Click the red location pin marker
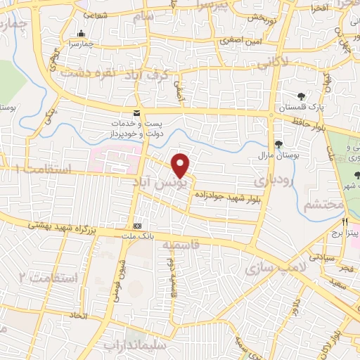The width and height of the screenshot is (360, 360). [181, 165]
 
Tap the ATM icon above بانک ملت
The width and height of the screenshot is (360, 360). [138, 226]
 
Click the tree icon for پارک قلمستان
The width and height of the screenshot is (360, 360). [301, 98]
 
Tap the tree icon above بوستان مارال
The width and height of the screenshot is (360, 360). [279, 144]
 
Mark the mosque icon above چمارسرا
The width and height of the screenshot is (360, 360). [82, 33]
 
